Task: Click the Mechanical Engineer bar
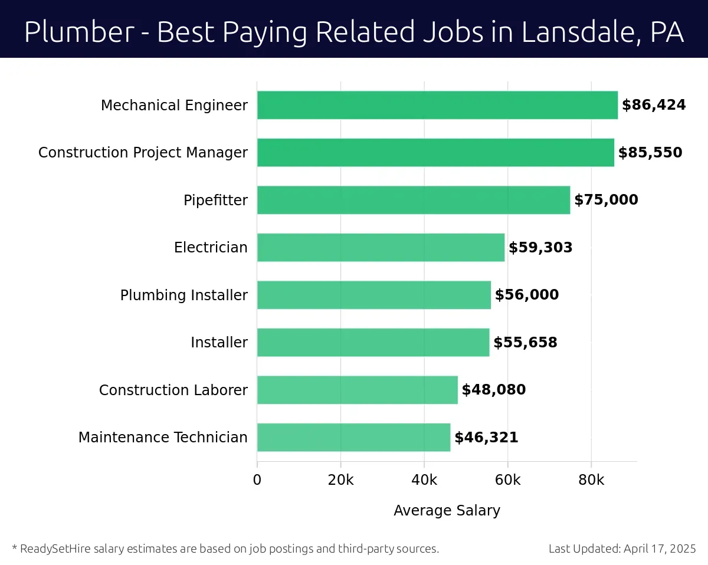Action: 437,105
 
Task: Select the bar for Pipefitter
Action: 414,200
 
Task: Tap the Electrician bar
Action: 381,248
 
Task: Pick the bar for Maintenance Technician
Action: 353,437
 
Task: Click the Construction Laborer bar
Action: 357,390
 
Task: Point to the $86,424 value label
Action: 654,105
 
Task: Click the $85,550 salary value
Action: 650,153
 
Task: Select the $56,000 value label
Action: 526,295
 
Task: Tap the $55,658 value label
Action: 525,343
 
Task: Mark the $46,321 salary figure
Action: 486,438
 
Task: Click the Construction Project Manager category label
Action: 143,153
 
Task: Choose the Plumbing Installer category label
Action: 183,295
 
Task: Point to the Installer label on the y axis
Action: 219,343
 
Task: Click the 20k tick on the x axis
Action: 340,480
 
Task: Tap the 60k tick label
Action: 507,480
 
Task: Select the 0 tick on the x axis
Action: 257,480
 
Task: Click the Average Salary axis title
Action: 447,510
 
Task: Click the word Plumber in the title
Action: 79,32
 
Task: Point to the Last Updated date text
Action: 622,548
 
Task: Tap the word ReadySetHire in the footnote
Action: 54,548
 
